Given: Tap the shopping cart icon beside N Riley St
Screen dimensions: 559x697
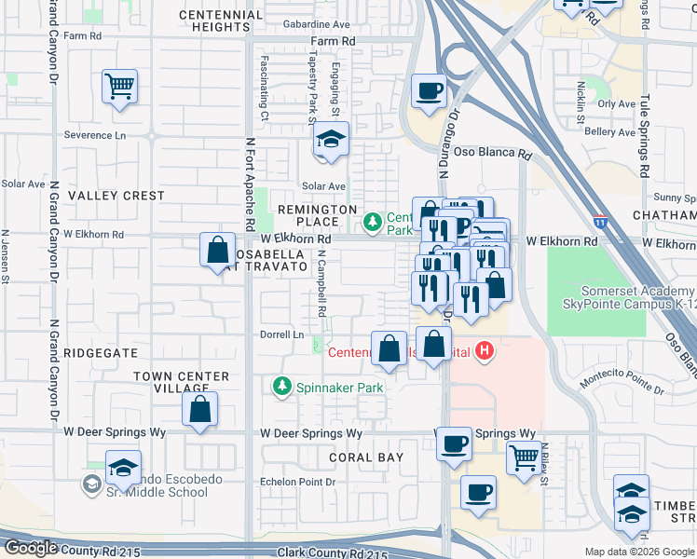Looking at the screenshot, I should (525, 457).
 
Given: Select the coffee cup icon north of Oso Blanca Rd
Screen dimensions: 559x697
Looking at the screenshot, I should (429, 91).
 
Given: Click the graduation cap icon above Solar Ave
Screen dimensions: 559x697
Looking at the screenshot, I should (330, 140).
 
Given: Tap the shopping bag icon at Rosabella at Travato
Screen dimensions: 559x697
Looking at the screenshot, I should (217, 250).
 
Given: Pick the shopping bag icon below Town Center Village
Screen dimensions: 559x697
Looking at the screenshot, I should (199, 409).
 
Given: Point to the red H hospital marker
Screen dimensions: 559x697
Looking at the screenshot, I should (484, 350).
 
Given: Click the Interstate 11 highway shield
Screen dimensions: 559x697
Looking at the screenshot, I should (601, 222).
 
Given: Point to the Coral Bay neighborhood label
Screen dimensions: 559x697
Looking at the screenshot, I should (366, 457).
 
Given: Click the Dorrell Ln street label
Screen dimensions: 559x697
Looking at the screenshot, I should (281, 334).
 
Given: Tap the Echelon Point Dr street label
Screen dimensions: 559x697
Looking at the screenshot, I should (297, 482).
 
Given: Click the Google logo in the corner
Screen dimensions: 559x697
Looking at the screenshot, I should (31, 548).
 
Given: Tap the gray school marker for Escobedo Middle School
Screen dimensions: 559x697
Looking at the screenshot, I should (91, 484).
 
